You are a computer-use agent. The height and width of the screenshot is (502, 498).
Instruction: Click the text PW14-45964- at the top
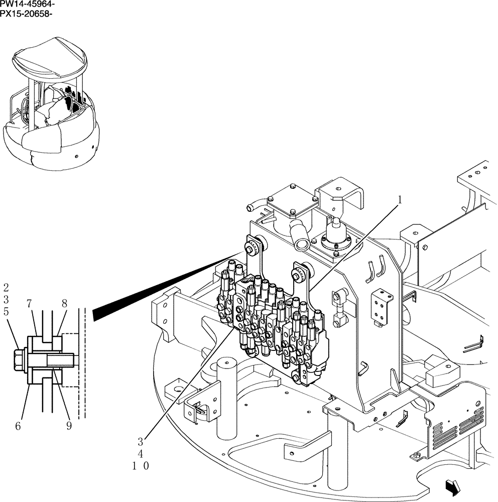pyautogui.click(x=28, y=4)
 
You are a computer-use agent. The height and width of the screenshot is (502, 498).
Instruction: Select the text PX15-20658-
pyautogui.click(x=26, y=13)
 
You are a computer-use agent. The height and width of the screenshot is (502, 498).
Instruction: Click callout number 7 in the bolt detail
pyautogui.click(x=29, y=304)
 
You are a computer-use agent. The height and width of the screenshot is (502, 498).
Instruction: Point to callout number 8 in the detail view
pyautogui.click(x=64, y=304)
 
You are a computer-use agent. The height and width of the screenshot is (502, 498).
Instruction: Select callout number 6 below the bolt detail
pyautogui.click(x=18, y=426)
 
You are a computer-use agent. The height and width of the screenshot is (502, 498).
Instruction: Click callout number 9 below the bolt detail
pyautogui.click(x=68, y=426)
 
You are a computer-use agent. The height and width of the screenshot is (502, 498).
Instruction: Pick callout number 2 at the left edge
pyautogui.click(x=6, y=288)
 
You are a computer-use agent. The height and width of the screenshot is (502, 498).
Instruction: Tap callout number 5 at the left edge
pyautogui.click(x=6, y=311)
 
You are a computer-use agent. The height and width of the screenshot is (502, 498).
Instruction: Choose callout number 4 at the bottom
pyautogui.click(x=141, y=454)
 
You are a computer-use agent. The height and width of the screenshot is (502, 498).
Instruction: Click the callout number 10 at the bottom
pyautogui.click(x=141, y=466)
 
